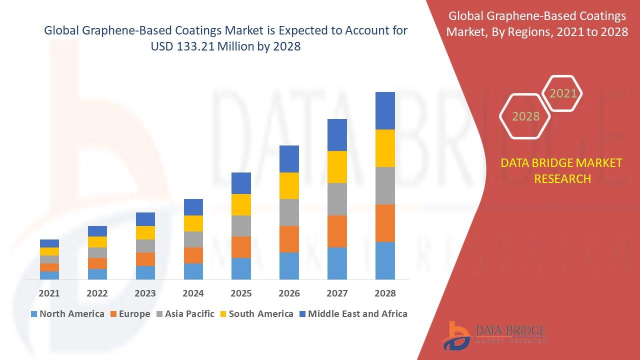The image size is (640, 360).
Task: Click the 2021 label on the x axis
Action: (49, 293)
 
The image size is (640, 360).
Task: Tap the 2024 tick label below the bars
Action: (193, 293)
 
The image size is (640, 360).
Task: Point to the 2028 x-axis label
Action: (385, 293)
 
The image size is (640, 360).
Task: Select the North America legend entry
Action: (67, 314)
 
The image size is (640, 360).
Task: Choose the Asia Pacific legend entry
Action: (185, 314)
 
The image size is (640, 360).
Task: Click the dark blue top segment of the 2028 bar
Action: (385, 110)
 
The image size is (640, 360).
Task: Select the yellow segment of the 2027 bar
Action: (337, 167)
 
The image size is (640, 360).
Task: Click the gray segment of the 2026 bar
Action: (289, 212)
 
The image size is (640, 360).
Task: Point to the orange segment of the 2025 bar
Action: (241, 247)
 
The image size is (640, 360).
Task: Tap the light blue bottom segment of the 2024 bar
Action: (193, 271)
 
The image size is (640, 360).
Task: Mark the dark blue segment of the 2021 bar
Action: (49, 243)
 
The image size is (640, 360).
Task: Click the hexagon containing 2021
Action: (563, 93)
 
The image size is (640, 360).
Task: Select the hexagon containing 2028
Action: (525, 116)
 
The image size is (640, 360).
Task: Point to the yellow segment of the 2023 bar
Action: (145, 232)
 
